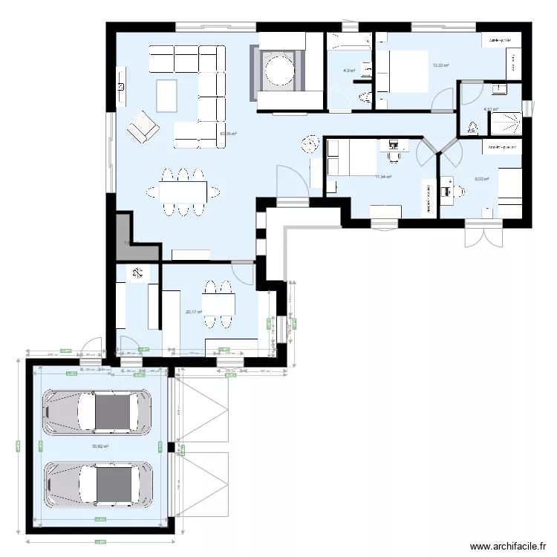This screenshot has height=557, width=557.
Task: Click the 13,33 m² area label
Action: point(440,65)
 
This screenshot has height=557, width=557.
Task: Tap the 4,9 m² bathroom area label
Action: point(348,71)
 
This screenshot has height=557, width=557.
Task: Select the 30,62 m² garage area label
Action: point(100,446)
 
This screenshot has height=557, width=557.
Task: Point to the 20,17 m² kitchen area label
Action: point(194,312)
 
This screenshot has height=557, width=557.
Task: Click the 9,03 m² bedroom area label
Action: point(481,179)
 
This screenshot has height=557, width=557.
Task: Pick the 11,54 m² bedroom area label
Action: point(383,177)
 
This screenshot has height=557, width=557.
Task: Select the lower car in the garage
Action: point(97,485)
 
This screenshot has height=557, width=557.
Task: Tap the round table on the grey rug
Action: point(281,70)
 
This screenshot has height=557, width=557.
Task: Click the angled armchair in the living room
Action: point(143,128)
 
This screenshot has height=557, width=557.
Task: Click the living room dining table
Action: point(183,192)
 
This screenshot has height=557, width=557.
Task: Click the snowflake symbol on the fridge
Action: point(137,273)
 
